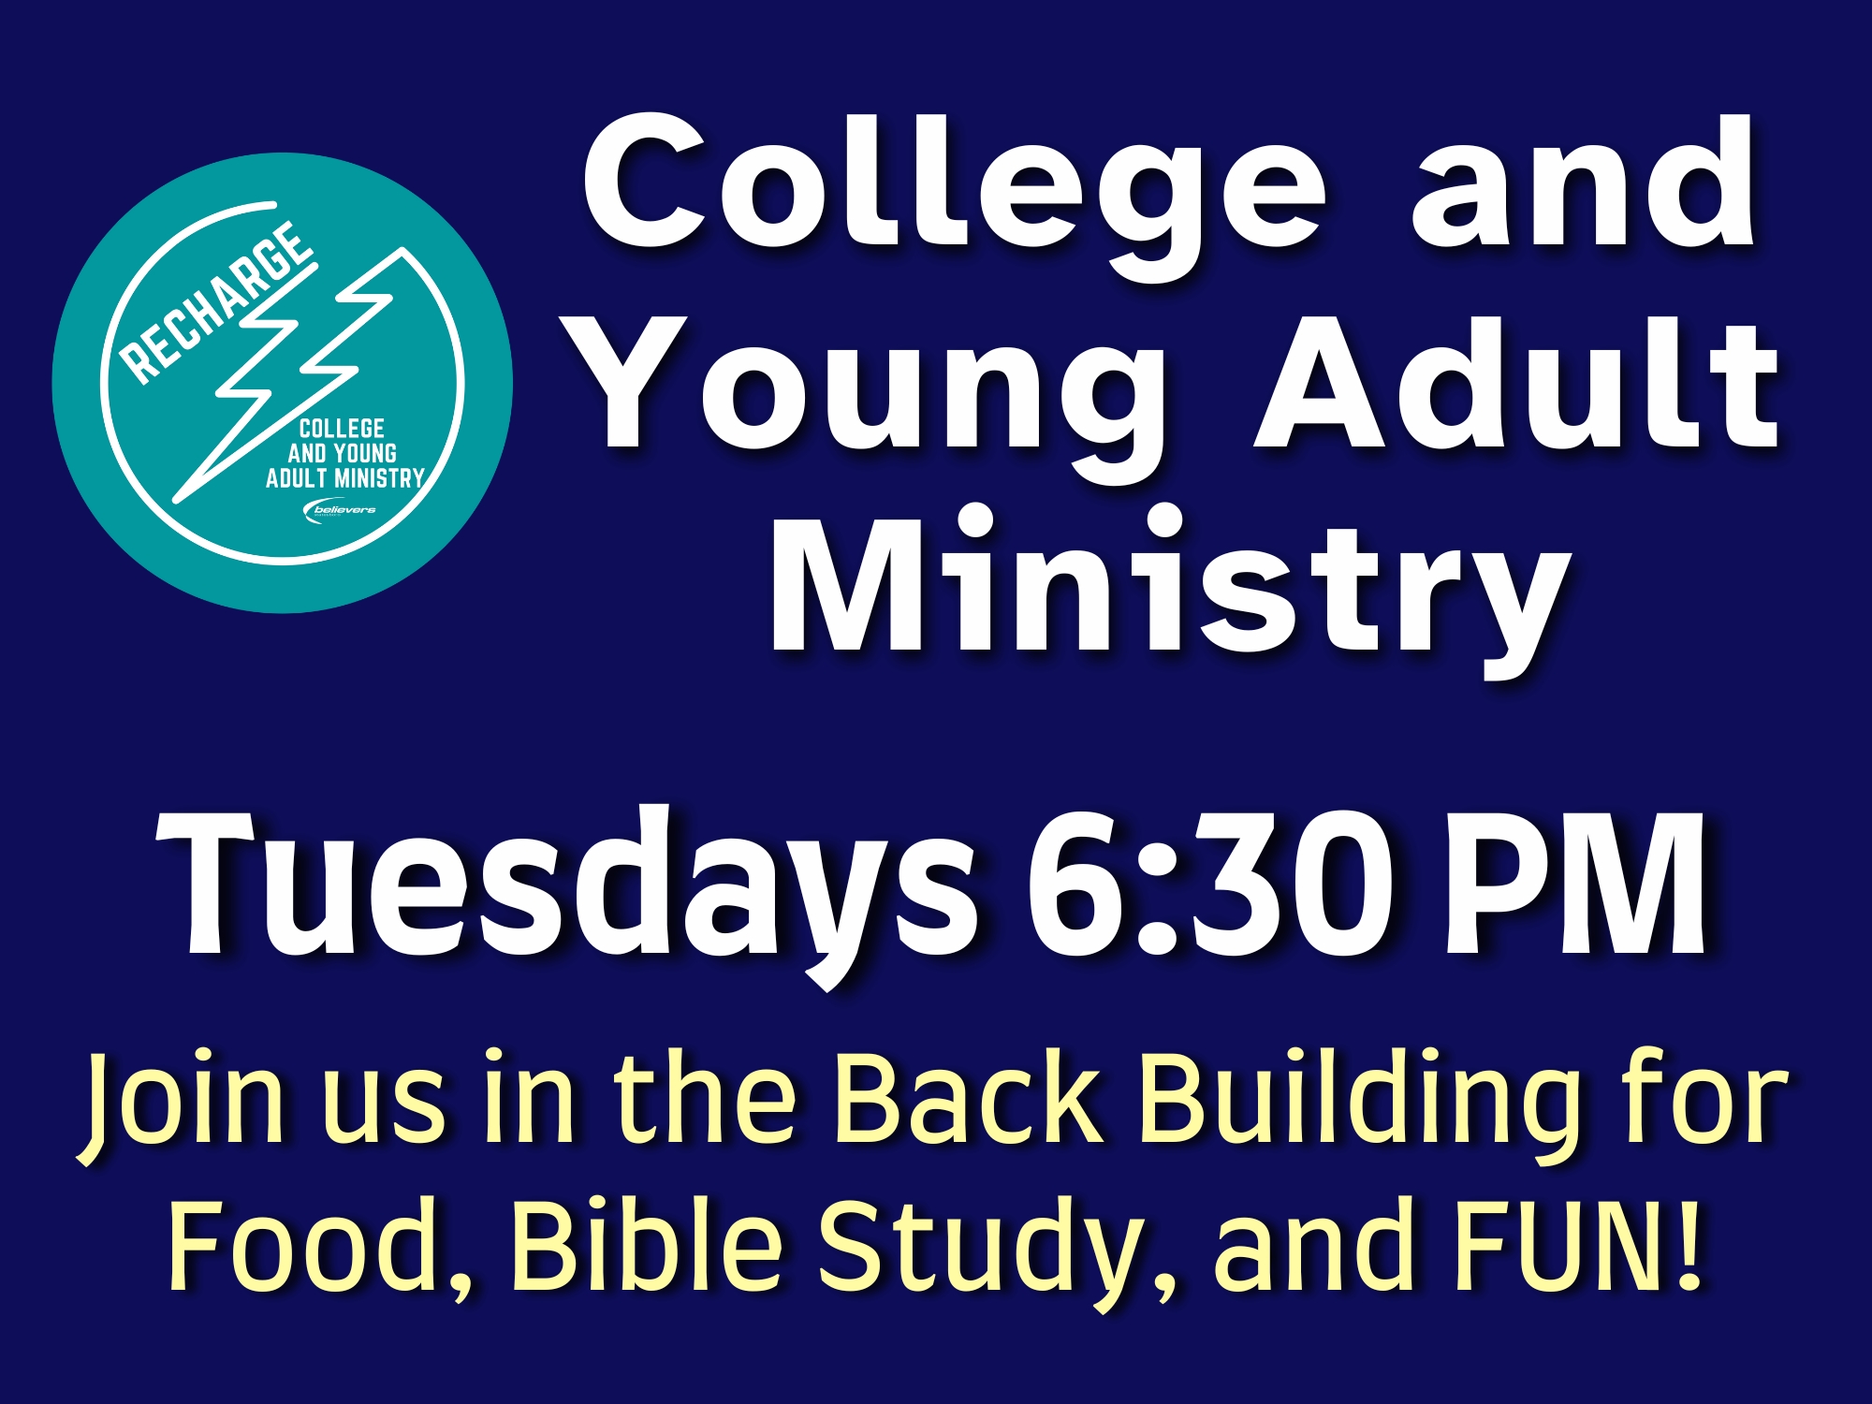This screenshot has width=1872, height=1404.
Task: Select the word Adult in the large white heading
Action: coord(1516,384)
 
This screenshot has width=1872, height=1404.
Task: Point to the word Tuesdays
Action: coord(567,894)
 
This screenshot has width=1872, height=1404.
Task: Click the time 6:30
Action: coord(1207,885)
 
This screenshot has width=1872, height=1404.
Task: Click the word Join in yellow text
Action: coord(182,1104)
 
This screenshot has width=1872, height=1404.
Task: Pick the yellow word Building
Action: coord(1357,1104)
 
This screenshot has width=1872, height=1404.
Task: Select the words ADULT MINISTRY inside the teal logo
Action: coord(344,478)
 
